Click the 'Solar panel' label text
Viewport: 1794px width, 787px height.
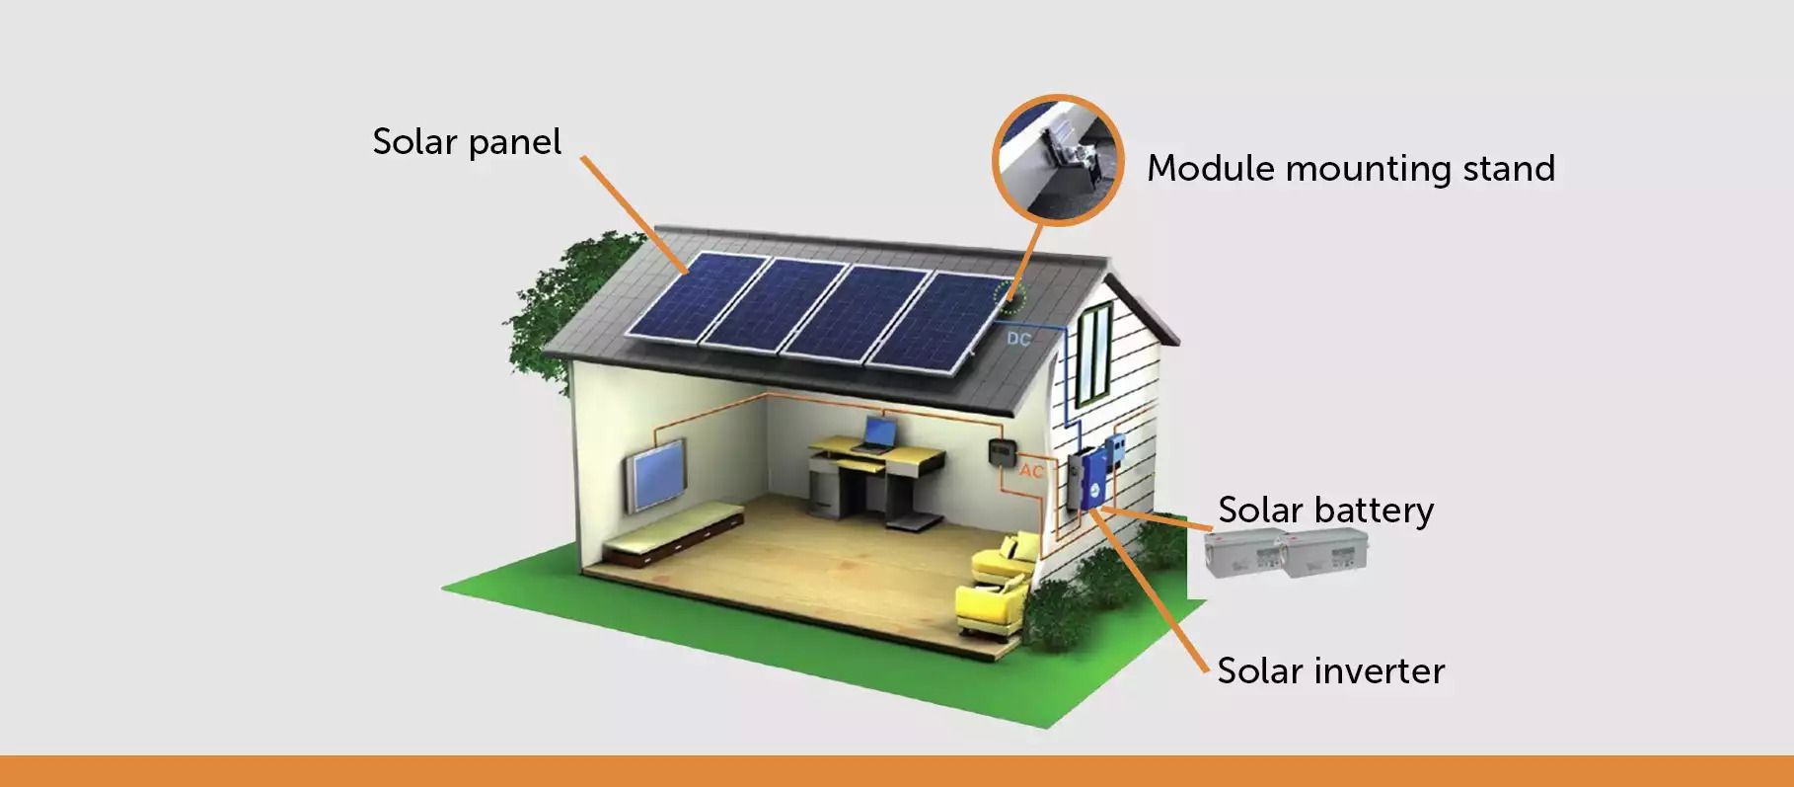click(x=467, y=143)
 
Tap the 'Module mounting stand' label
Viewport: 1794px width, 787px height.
click(x=1350, y=169)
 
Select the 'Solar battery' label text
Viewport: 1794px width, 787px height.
click(x=1325, y=511)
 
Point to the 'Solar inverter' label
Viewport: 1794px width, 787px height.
click(x=1330, y=671)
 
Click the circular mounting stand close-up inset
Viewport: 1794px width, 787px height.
click(x=1058, y=161)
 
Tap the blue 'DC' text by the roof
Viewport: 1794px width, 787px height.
click(x=1018, y=340)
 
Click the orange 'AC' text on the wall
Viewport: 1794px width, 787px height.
click(x=1031, y=471)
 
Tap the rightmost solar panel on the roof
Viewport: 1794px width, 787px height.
click(x=939, y=322)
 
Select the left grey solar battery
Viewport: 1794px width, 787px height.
click(x=1243, y=553)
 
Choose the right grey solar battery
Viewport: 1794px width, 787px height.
click(x=1325, y=553)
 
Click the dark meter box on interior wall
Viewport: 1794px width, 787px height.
click(x=1002, y=452)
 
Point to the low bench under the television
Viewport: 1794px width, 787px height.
click(x=673, y=534)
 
